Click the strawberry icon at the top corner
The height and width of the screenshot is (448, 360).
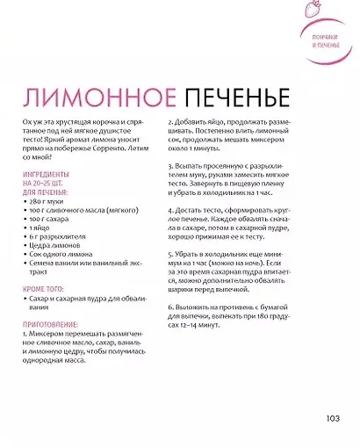point(335,11)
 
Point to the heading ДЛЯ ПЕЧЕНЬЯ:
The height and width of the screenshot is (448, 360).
point(47,189)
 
